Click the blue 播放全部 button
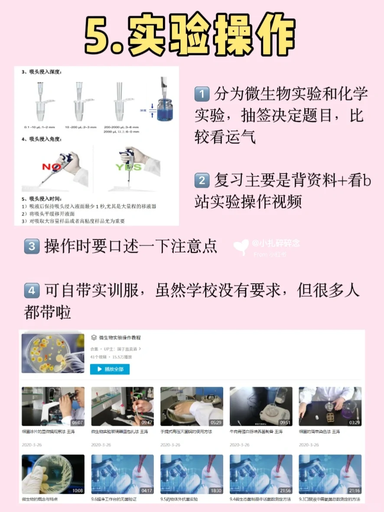pos(110,369)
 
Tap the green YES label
pos(128,167)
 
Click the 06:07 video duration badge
pos(78,422)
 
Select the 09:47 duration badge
pos(147,422)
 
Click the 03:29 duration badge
pos(355,422)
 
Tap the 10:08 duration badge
pos(78,491)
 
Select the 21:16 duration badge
pos(355,491)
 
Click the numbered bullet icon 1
pos(202,94)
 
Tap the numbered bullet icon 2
pos(202,180)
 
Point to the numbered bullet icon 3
pos(32,247)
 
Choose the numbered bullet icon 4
pos(32,290)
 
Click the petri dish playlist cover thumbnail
pos(53,353)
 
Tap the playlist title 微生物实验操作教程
pos(120,338)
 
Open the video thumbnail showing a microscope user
pos(53,406)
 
